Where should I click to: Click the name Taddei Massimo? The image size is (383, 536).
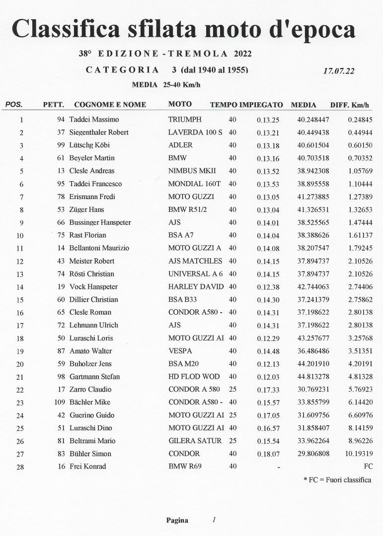(x=94, y=120)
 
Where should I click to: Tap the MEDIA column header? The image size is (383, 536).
(x=304, y=105)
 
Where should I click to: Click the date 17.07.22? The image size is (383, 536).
(x=338, y=71)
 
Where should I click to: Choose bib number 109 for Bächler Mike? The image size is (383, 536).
(x=59, y=402)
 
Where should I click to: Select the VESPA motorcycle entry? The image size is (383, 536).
(x=180, y=351)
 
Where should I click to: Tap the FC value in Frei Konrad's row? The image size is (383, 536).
(x=368, y=467)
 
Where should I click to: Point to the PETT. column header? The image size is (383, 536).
(x=53, y=105)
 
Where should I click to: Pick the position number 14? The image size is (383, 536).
(x=20, y=287)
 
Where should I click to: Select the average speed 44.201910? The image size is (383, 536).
(x=314, y=364)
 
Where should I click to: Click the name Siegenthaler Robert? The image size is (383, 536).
(x=99, y=133)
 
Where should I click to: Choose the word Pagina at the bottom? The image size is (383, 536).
(x=177, y=521)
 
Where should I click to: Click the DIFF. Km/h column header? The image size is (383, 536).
(x=350, y=105)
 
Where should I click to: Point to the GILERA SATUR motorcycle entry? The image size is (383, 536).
(x=195, y=441)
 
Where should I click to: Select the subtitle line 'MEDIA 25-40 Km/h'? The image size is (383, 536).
(x=166, y=85)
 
